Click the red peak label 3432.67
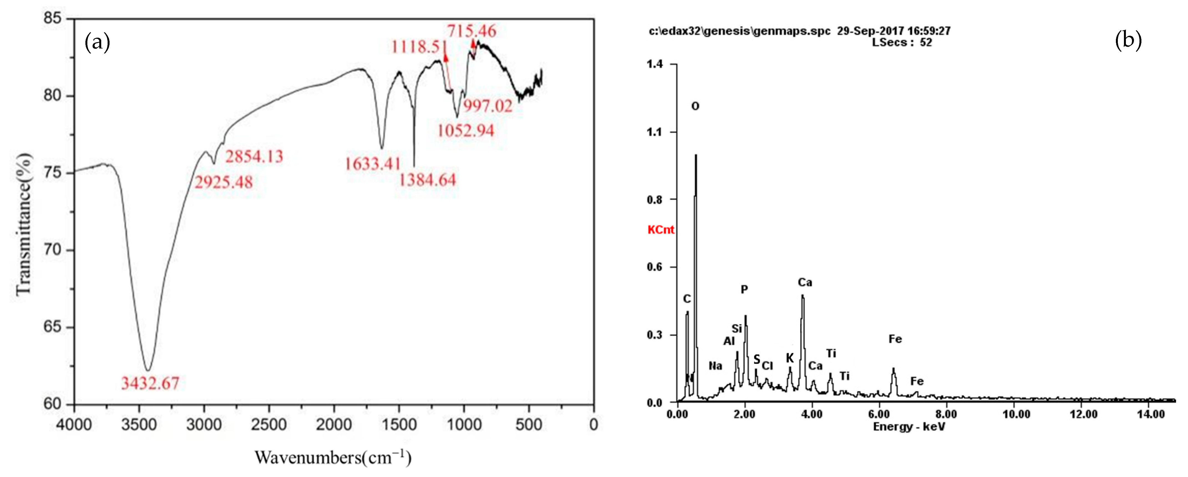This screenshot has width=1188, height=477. [x=150, y=383]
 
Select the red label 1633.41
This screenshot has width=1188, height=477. [x=373, y=164]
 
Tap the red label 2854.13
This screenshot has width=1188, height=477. [x=254, y=157]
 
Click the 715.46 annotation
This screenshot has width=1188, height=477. [x=471, y=31]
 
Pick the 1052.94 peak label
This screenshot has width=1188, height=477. [x=465, y=131]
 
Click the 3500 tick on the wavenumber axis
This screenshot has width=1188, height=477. [x=139, y=424]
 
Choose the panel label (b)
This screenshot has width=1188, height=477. [x=1128, y=40]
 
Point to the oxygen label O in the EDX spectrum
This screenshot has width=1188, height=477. [x=695, y=106]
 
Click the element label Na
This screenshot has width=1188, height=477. [x=715, y=366]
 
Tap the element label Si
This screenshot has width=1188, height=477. [x=737, y=329]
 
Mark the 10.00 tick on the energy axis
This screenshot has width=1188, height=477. [x=1016, y=414]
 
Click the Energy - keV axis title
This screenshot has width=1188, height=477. [x=908, y=427]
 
